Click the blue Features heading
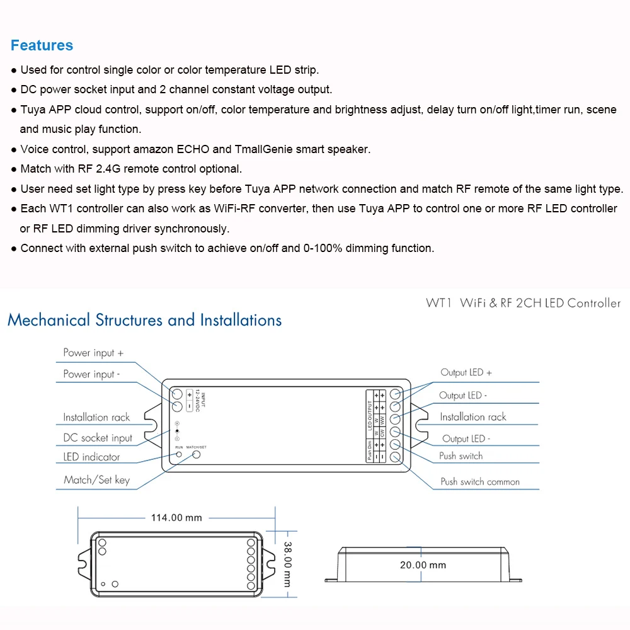tap(42, 45)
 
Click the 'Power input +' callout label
tap(93, 353)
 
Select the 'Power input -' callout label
tap(91, 374)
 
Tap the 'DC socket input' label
tap(98, 438)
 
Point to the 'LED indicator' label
tap(91, 457)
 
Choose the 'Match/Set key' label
tap(96, 480)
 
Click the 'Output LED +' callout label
tap(466, 372)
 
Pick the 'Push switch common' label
tap(480, 482)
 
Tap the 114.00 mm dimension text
tap(176, 517)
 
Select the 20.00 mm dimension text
tap(423, 565)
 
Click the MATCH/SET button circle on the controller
tap(197, 454)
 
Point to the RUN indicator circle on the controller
tap(179, 454)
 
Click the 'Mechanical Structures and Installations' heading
tap(144, 320)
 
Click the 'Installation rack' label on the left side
tap(96, 417)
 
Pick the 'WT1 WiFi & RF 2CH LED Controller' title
tap(523, 303)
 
